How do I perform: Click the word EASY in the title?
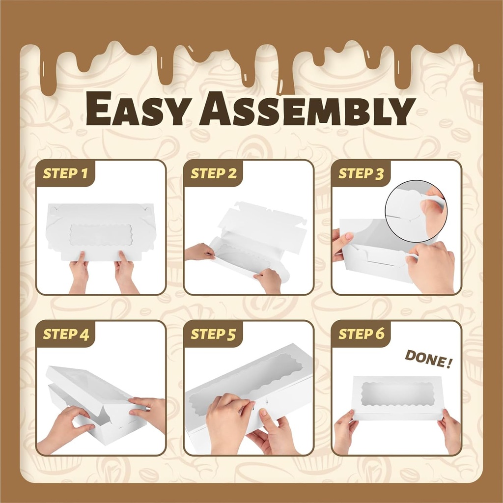coord(137,109)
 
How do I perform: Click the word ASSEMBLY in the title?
coord(307,109)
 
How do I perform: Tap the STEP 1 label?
coord(65,173)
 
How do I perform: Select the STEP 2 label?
coord(214,173)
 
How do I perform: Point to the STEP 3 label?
coord(361,173)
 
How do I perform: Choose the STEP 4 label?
coord(66,334)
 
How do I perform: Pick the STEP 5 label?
coord(213,334)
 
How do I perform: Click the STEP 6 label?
coord(361,334)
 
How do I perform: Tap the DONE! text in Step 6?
coord(428,359)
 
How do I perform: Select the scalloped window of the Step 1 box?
coord(101,234)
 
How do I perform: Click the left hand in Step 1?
coord(79,271)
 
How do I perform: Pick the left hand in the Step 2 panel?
coord(199,252)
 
